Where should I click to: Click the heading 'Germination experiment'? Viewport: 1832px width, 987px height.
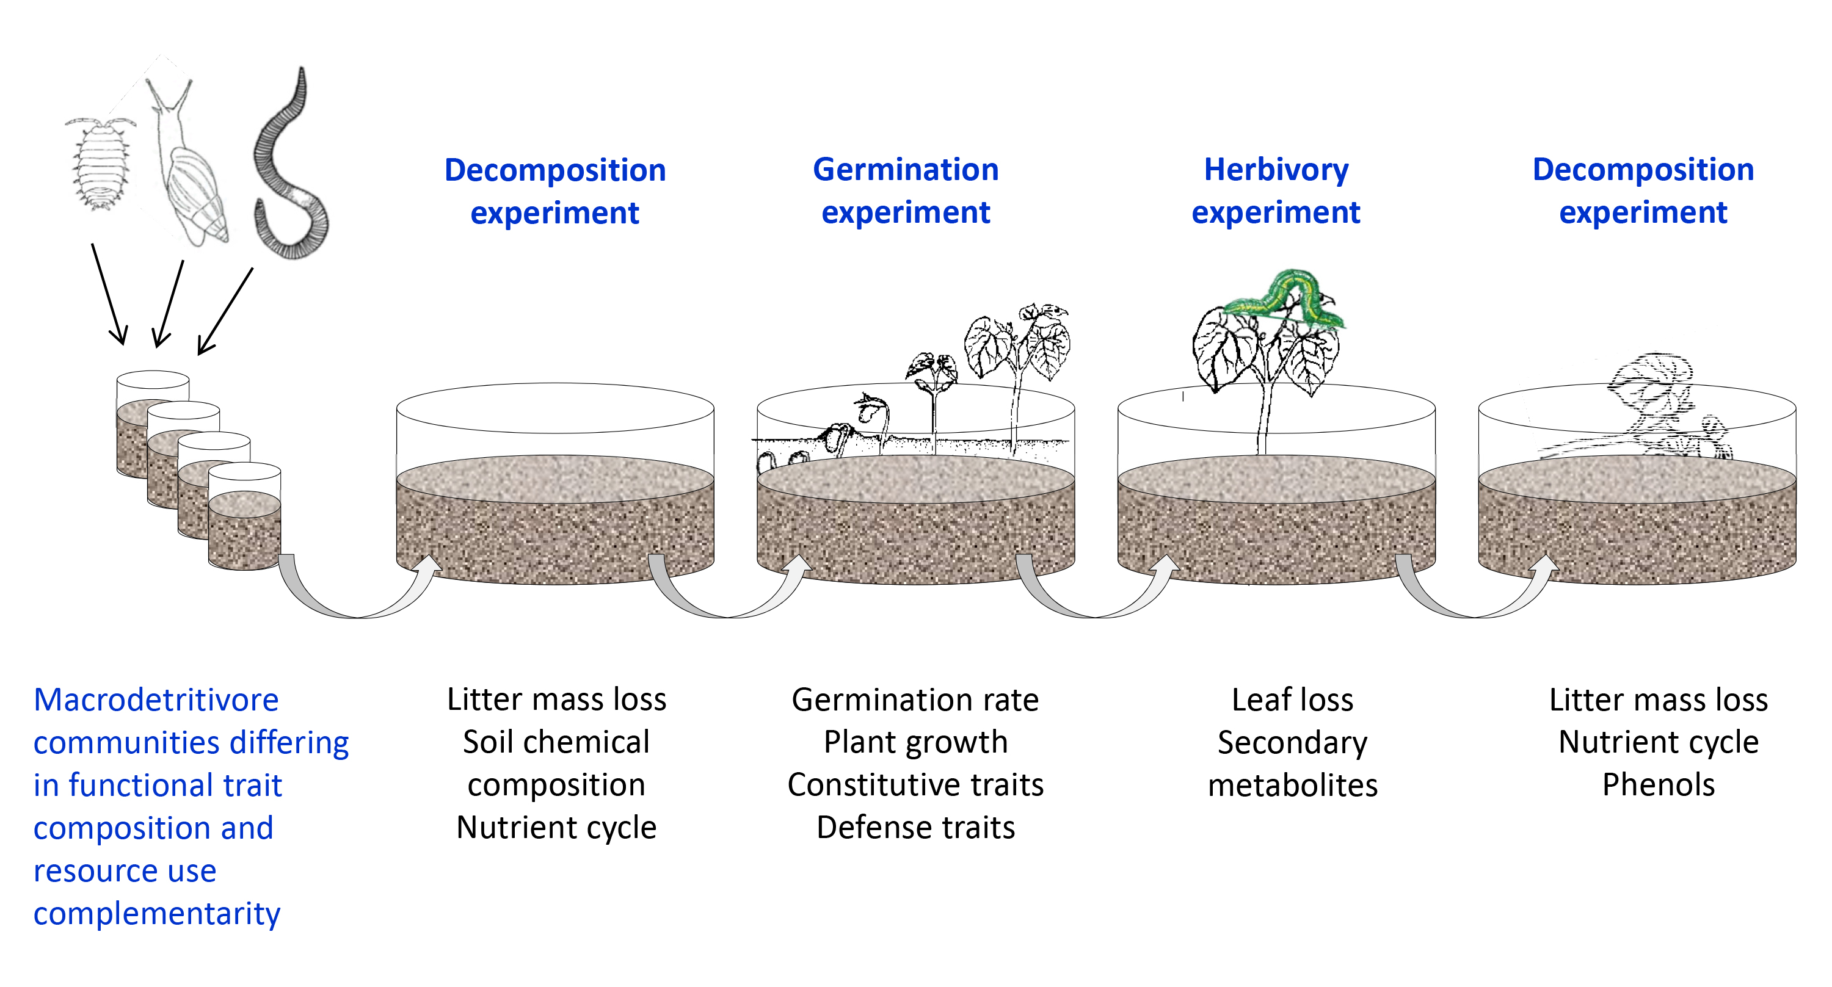pyautogui.click(x=906, y=190)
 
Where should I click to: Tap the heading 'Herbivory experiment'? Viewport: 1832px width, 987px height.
pyautogui.click(x=1276, y=190)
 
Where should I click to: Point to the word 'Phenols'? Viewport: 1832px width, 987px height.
pyautogui.click(x=1659, y=785)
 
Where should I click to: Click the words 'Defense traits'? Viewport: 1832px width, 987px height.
pyautogui.click(x=915, y=828)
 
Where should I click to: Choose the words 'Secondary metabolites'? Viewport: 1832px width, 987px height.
pyautogui.click(x=1292, y=764)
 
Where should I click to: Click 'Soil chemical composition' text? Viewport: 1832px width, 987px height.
pyautogui.click(x=556, y=764)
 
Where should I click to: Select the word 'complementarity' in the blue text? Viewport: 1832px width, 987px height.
pyautogui.click(x=157, y=913)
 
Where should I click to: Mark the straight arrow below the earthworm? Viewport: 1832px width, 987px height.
pyautogui.click(x=224, y=313)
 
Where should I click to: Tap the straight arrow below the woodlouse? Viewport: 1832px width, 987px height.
pyautogui.click(x=109, y=295)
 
